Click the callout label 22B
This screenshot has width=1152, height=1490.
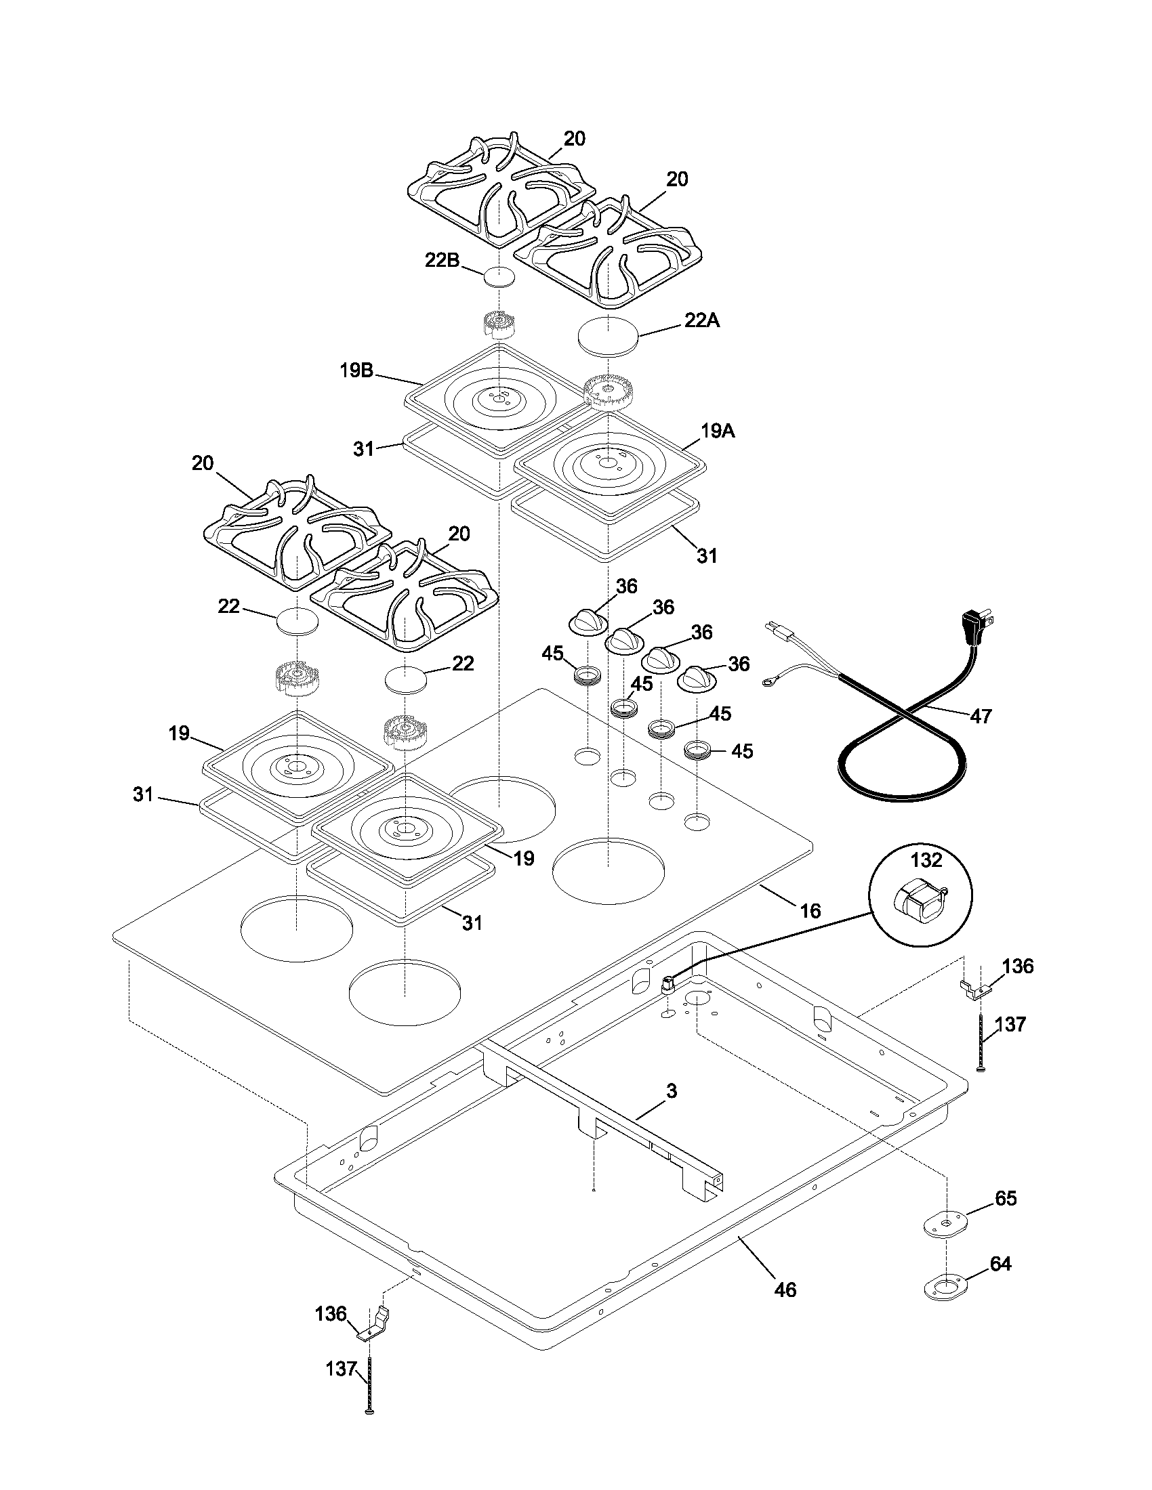point(443,261)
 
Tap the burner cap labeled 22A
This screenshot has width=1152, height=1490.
point(607,335)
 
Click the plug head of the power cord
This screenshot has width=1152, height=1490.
point(974,622)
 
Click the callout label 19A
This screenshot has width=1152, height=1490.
point(717,431)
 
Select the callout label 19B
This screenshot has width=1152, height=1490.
point(356,370)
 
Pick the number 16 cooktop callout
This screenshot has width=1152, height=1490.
point(810,910)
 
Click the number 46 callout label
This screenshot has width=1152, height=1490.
point(785,1290)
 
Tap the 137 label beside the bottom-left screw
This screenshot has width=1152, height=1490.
point(342,1382)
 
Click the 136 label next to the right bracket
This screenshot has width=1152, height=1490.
point(1018,966)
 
